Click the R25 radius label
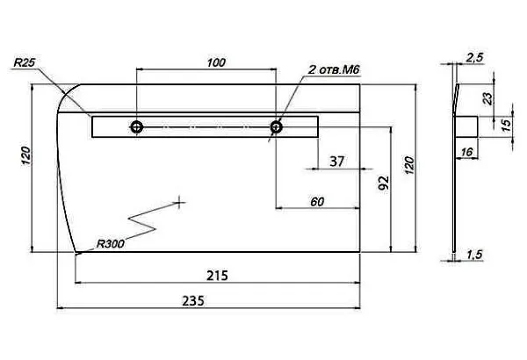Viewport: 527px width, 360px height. tap(24, 64)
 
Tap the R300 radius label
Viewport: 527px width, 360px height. tap(109, 243)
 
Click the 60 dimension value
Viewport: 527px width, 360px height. tap(317, 201)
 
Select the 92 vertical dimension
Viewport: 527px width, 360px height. tap(382, 184)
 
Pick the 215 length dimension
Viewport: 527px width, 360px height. tap(217, 275)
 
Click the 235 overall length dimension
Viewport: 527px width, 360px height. tap(192, 300)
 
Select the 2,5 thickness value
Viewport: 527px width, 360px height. tap(474, 57)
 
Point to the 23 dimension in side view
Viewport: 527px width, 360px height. tap(487, 98)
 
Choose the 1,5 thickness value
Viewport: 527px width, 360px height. tap(474, 255)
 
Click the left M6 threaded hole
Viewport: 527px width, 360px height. tap(138, 127)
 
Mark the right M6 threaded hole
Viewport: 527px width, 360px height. tap(276, 127)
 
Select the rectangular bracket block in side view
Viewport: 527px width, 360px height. tap(466, 126)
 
